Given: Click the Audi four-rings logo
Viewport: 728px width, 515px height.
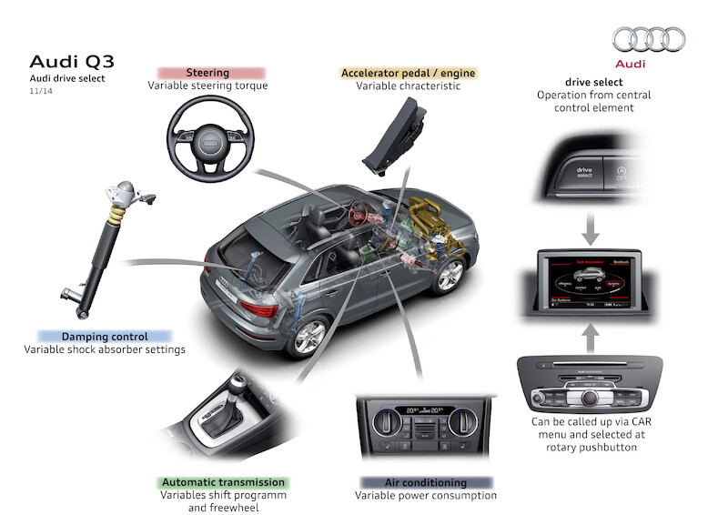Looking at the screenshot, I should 649,39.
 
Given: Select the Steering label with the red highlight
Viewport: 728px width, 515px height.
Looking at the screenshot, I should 207,72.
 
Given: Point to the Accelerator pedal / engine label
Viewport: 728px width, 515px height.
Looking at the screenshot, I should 408,72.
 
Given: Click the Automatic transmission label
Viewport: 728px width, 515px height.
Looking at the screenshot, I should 223,482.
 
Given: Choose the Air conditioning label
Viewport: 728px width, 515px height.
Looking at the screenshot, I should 426,482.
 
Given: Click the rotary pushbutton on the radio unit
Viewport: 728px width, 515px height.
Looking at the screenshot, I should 590,397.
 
